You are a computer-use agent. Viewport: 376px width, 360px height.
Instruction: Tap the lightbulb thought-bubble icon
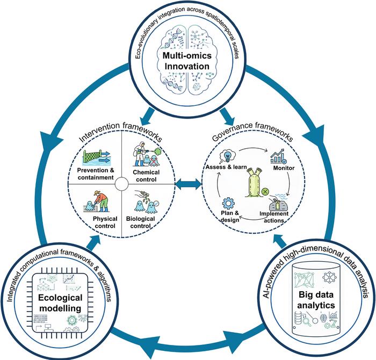(x=225, y=154)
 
